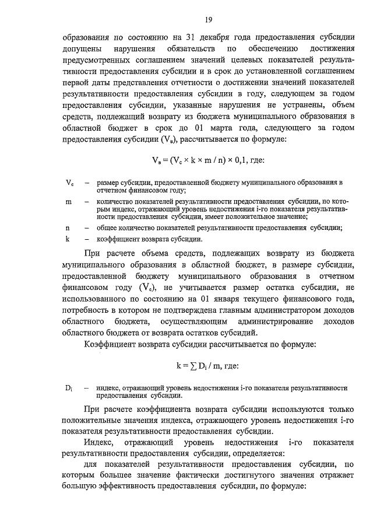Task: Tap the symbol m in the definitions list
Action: pyautogui.click(x=69, y=201)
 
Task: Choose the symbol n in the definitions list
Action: pyautogui.click(x=68, y=228)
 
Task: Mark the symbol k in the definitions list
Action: pyautogui.click(x=68, y=239)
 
